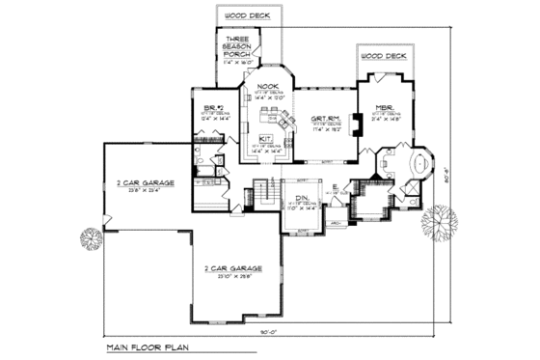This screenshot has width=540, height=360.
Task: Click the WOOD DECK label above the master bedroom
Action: pyautogui.click(x=385, y=57)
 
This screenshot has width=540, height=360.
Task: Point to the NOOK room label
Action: pyautogui.click(x=268, y=87)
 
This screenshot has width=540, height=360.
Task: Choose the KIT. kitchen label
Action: pyautogui.click(x=264, y=138)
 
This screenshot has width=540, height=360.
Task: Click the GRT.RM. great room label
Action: pyautogui.click(x=324, y=120)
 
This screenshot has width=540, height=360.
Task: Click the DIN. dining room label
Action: pyautogui.click(x=301, y=197)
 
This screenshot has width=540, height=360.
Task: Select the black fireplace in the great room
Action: pyautogui.click(x=353, y=127)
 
